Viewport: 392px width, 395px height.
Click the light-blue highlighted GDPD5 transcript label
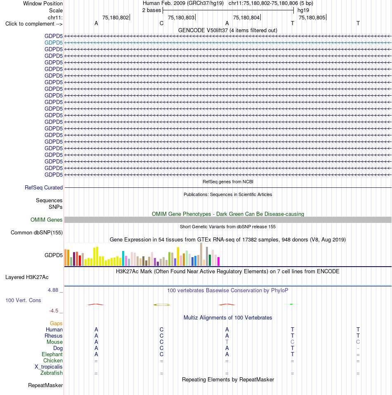click(54, 43)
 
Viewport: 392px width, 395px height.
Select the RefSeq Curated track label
click(44, 188)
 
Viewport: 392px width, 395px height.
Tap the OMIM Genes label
click(46, 220)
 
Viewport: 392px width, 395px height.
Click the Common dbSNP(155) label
click(37, 233)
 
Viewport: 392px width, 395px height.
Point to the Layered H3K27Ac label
click(27, 277)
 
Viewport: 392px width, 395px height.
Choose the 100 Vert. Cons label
click(23, 300)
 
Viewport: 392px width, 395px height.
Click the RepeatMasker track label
click(45, 386)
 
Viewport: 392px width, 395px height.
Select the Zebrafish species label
click(51, 373)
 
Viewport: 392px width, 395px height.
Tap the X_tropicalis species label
click(49, 367)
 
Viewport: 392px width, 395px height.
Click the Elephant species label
click(52, 355)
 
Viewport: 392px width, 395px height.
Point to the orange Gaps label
click(56, 324)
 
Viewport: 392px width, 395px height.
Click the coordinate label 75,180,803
click(181, 18)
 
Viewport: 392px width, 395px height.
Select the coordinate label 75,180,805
click(312, 18)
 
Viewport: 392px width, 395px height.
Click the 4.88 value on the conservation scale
click(53, 290)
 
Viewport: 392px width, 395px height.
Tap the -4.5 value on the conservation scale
click(54, 311)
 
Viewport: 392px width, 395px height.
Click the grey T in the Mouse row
click(227, 342)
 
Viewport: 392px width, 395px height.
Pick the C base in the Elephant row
click(162, 355)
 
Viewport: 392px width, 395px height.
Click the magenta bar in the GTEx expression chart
click(219, 262)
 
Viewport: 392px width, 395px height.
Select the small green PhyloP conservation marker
click(291, 304)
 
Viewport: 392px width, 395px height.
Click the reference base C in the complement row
click(162, 24)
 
